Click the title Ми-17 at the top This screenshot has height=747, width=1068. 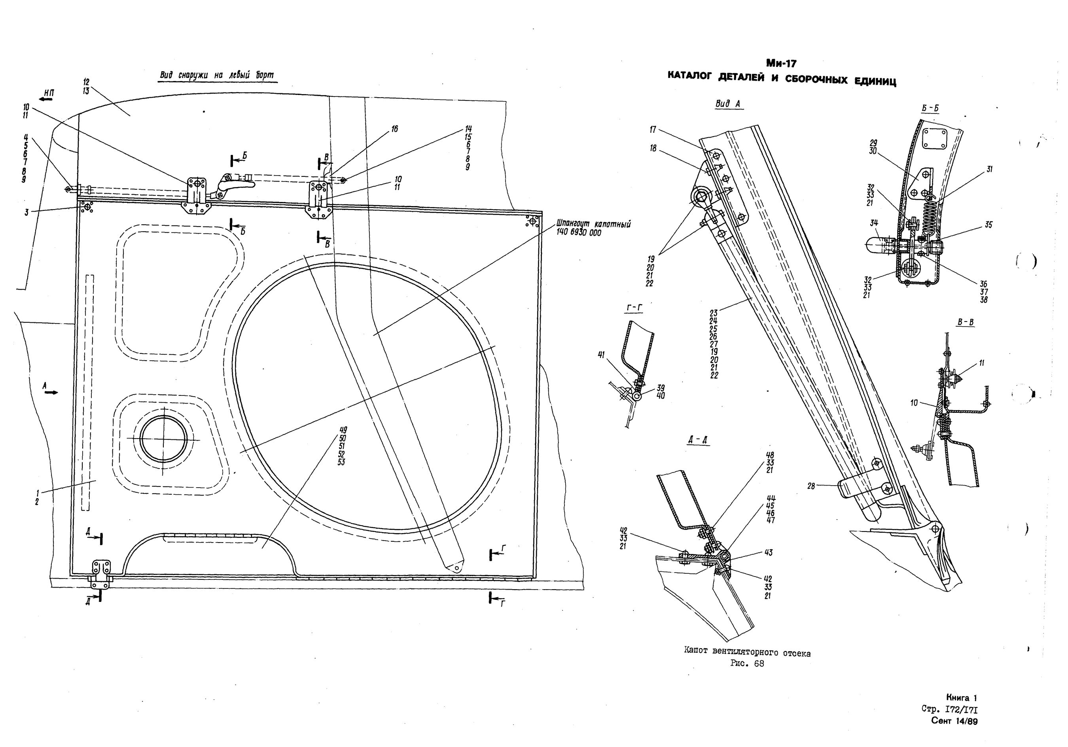[x=783, y=64]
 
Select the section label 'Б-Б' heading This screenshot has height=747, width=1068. [x=930, y=108]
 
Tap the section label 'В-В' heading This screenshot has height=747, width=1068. [x=966, y=322]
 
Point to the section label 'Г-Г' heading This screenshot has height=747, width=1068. [x=634, y=308]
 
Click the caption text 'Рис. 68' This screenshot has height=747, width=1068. [x=746, y=664]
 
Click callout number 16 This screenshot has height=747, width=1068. [x=394, y=129]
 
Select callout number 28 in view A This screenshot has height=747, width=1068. [x=812, y=486]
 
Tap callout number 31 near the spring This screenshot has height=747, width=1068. [x=989, y=170]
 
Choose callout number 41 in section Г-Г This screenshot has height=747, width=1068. [x=602, y=355]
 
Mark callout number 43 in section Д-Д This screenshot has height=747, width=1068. [x=768, y=552]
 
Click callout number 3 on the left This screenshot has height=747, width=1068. [x=27, y=212]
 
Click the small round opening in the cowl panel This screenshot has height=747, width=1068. [x=163, y=439]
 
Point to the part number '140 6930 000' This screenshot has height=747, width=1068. [x=579, y=233]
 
